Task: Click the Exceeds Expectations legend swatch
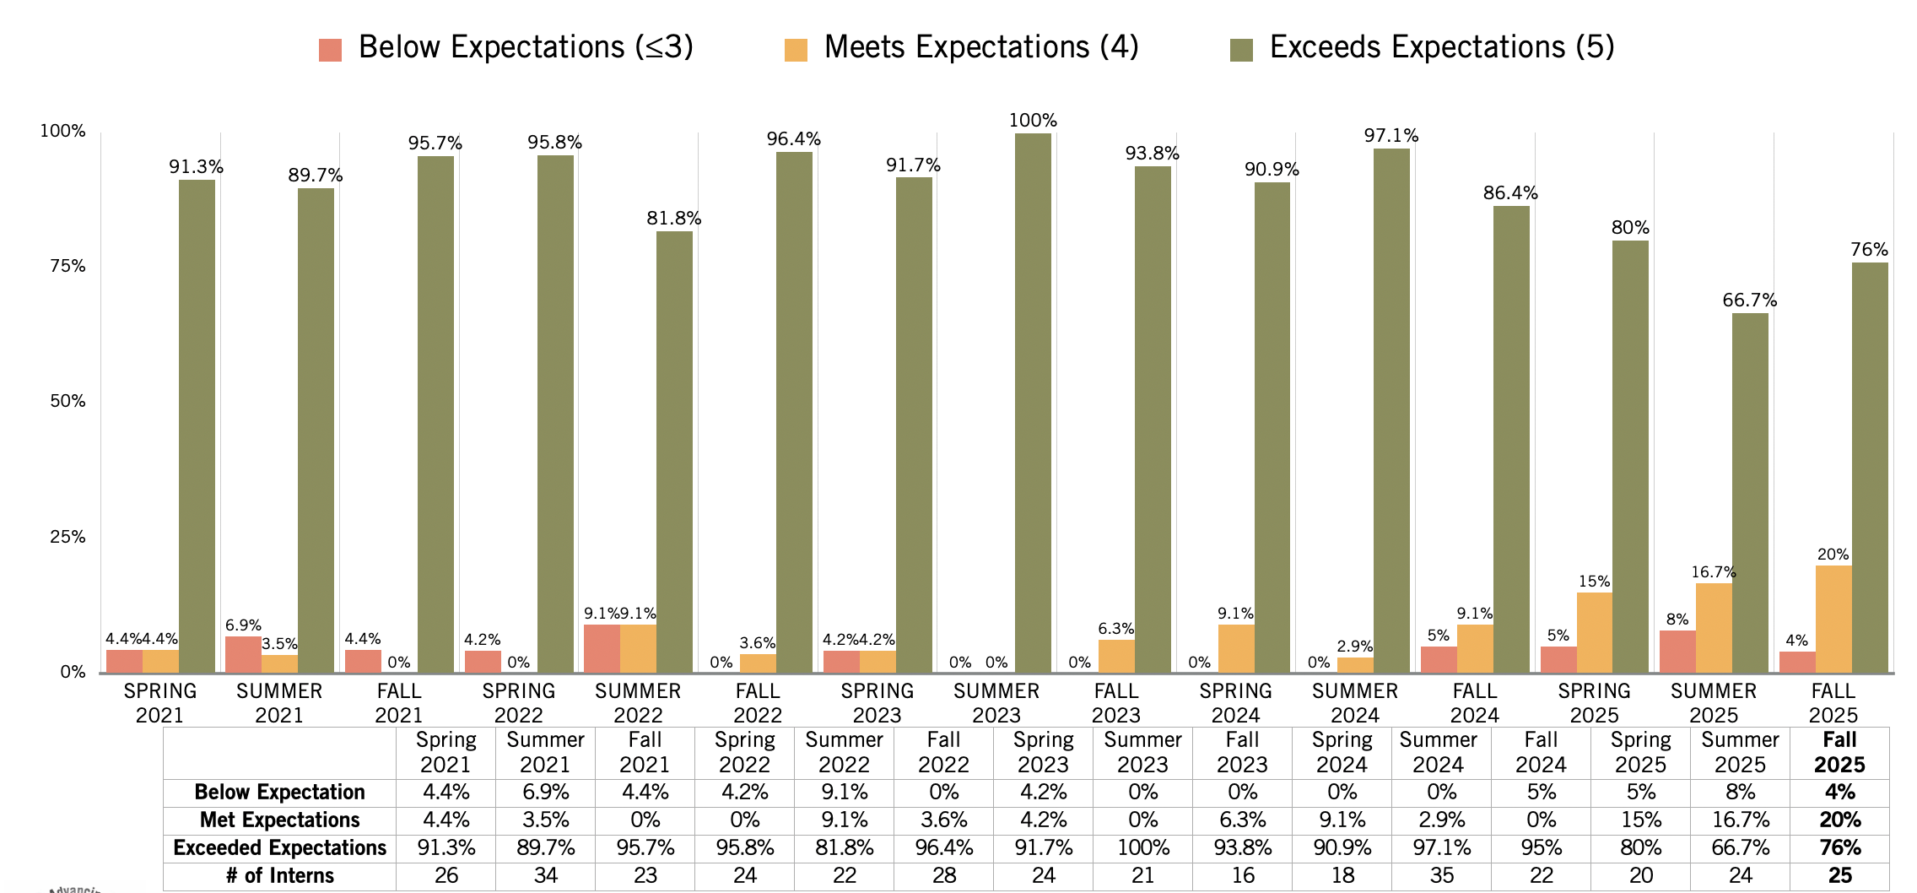pos(1240,50)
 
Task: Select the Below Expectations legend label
pos(525,47)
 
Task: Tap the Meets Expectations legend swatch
pos(795,50)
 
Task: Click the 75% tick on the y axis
pos(67,266)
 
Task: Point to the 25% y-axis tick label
pos(67,537)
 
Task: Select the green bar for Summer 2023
pos(1033,403)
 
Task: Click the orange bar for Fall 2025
pos(1833,619)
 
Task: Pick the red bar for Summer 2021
pos(243,654)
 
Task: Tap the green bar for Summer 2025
pos(1750,493)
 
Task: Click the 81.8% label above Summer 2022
pos(673,219)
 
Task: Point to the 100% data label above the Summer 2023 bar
pos(1033,121)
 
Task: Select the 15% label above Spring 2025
pos(1594,582)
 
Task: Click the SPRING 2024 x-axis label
pos(1235,702)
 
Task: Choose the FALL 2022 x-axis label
pos(757,702)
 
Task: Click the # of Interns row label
pos(279,876)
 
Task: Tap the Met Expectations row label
pos(279,820)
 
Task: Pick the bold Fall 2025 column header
pos(1839,752)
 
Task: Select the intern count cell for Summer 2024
pos(1442,876)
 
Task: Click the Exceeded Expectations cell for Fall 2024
pos(1542,848)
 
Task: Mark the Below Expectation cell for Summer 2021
pos(545,793)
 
